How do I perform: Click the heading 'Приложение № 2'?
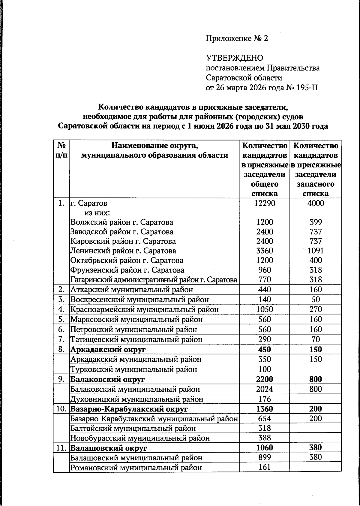pyautogui.click(x=237, y=38)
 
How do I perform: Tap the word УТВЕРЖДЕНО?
pyautogui.click(x=234, y=58)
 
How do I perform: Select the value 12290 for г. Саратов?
pyautogui.click(x=265, y=203)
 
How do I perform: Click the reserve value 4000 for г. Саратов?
pyautogui.click(x=316, y=203)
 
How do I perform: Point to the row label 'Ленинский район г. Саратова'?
pyautogui.click(x=123, y=251)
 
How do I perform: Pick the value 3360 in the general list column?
pyautogui.click(x=265, y=251)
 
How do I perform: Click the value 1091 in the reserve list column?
pyautogui.click(x=316, y=251)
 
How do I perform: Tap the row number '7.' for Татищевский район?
pyautogui.click(x=61, y=339)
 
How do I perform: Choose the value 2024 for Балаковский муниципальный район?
pyautogui.click(x=265, y=389)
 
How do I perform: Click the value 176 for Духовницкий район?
pyautogui.click(x=265, y=399)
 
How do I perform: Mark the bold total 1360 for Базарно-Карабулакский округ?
pyautogui.click(x=265, y=409)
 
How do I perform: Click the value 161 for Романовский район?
pyautogui.click(x=265, y=467)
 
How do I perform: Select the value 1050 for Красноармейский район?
pyautogui.click(x=265, y=309)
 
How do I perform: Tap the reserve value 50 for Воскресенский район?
pyautogui.click(x=316, y=300)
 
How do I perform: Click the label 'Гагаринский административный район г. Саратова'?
pyautogui.click(x=154, y=280)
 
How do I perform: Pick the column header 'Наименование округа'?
pyautogui.click(x=155, y=146)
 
